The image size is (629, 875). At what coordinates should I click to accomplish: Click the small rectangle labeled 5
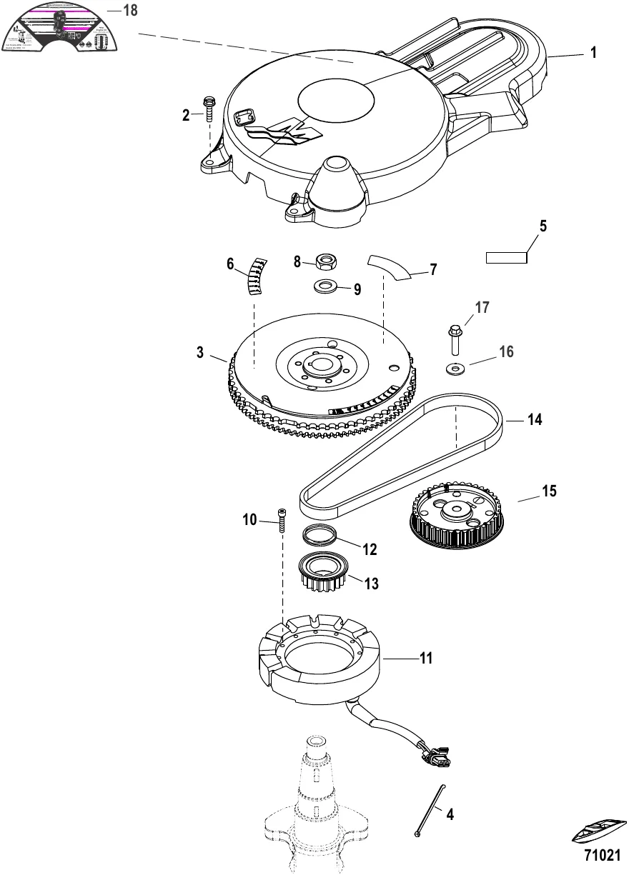pos(506,257)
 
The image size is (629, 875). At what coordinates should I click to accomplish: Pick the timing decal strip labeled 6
pos(257,276)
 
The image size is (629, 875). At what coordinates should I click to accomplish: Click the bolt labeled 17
pos(455,339)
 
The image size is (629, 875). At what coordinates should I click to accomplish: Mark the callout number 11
pos(426,659)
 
